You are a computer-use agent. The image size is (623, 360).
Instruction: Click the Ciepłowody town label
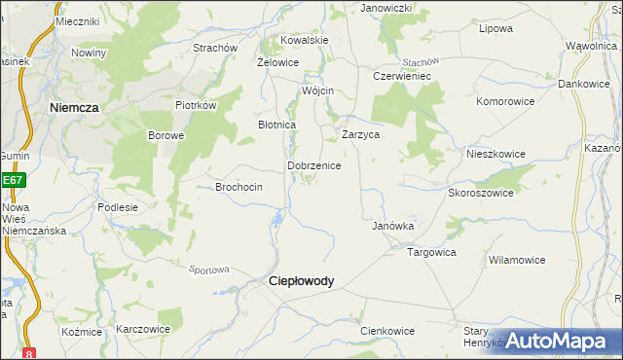(301, 281)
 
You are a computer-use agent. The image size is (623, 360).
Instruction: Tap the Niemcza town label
(74, 109)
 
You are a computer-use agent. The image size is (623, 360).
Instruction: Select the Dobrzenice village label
(313, 166)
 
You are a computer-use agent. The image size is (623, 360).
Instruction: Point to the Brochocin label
(238, 187)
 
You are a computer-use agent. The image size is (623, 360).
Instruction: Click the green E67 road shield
(12, 180)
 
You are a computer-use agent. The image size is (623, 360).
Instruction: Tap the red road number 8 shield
(30, 353)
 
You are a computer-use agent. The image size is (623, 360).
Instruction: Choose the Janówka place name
(393, 226)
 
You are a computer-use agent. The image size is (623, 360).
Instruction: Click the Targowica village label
(431, 252)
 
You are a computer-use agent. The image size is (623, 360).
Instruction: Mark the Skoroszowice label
(480, 193)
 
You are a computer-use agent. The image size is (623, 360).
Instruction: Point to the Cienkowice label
(387, 331)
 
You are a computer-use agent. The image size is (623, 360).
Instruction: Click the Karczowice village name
(143, 330)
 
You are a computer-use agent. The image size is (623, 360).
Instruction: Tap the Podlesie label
(118, 207)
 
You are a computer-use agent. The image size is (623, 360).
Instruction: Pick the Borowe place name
(165, 136)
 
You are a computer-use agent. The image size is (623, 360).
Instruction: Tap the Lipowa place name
(496, 28)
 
